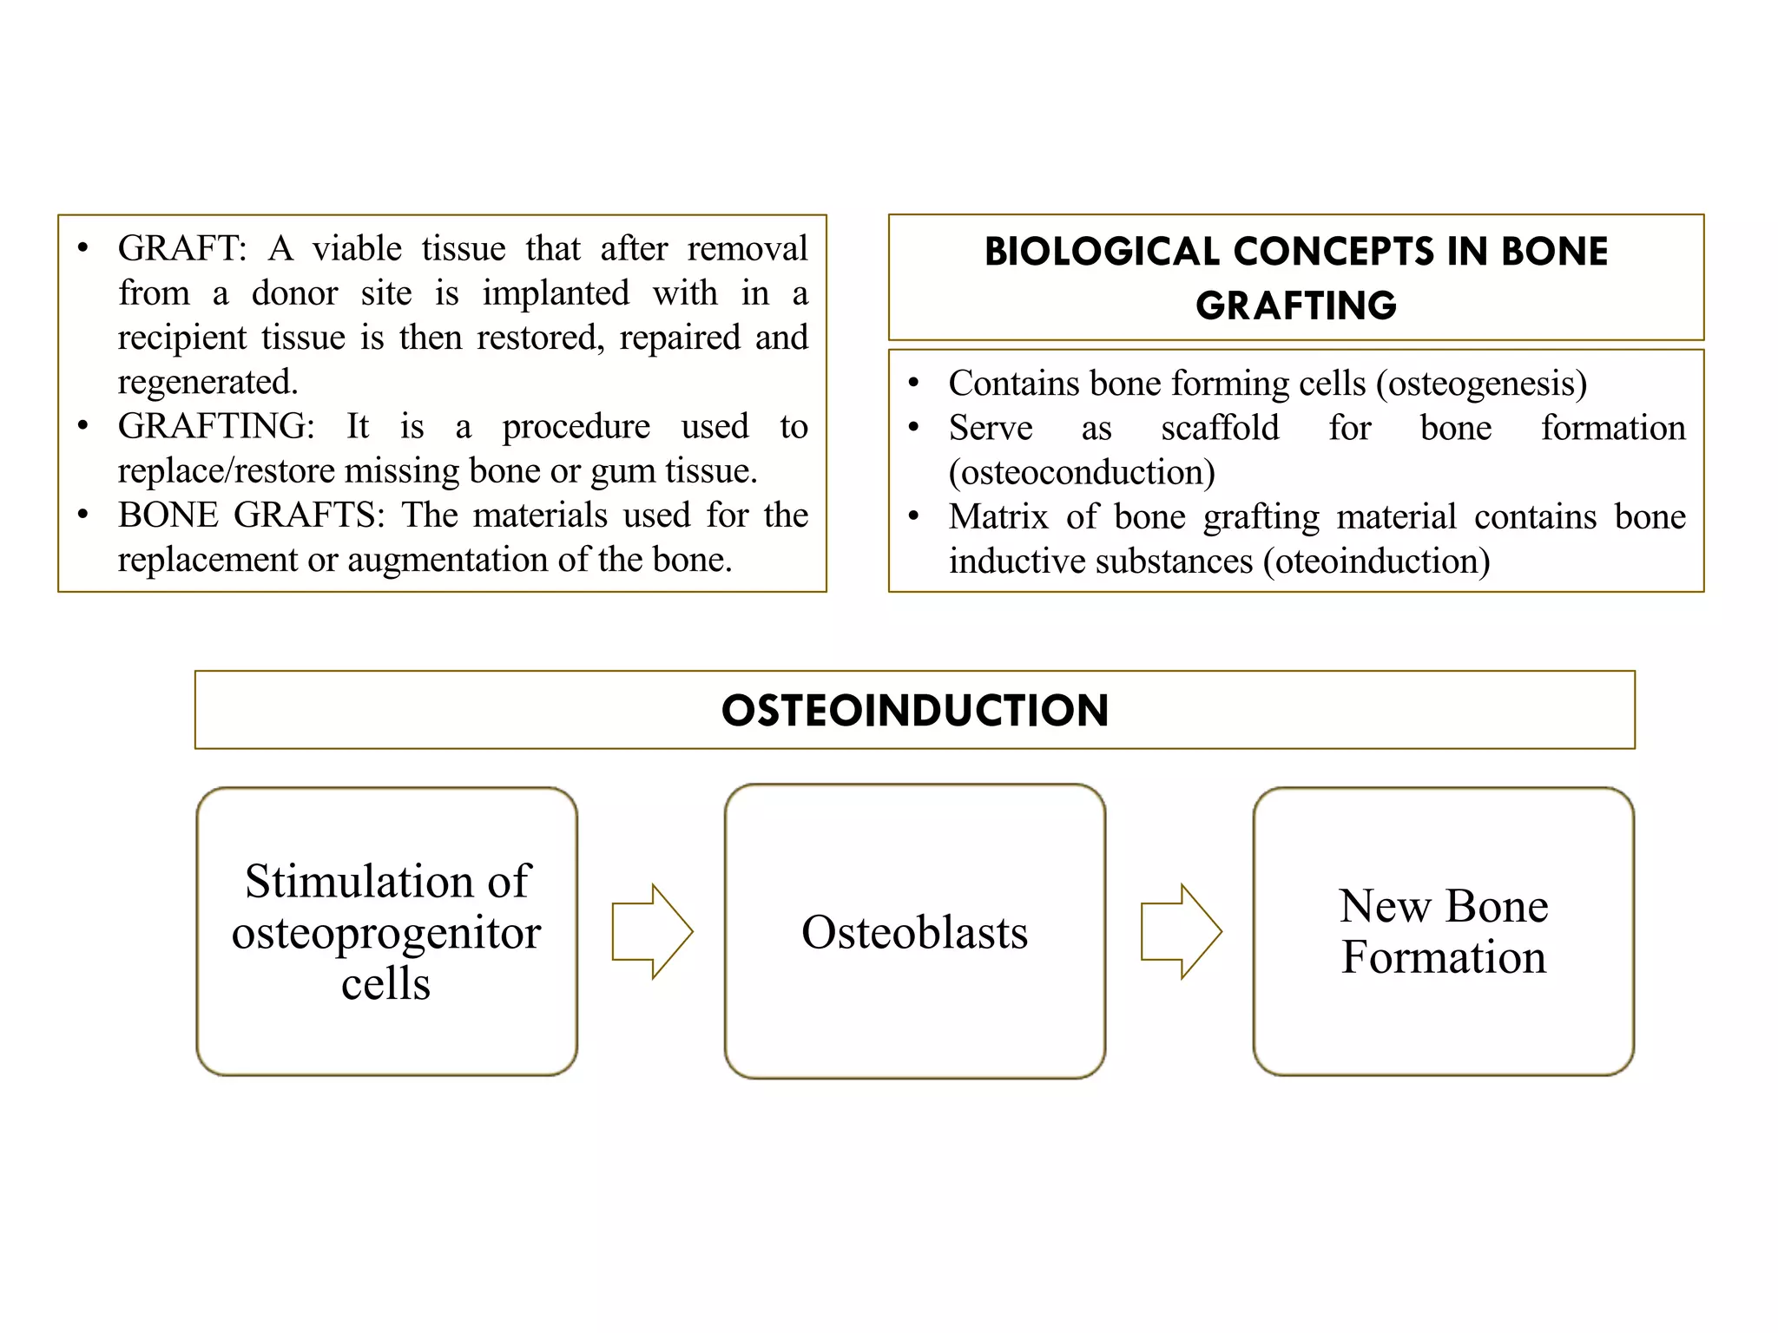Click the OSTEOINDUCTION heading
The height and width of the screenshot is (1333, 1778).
tap(914, 710)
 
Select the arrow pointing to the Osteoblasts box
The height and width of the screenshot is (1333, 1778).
tap(652, 931)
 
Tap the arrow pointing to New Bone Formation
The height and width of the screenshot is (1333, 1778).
tap(1181, 931)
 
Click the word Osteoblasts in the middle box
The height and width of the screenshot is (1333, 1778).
tap(914, 932)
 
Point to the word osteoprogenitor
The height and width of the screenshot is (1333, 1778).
tap(386, 934)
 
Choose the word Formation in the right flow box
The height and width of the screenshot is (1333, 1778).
tap(1443, 957)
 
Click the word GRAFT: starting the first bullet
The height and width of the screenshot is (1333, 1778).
tap(182, 249)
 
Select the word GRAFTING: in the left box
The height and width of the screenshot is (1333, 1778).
tap(216, 427)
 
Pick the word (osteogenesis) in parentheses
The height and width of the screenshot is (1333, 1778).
tap(1481, 384)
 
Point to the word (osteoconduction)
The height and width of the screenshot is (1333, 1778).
tap(1082, 473)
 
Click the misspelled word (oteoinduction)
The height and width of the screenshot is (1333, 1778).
tap(1376, 561)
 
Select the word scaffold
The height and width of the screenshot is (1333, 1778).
tap(1220, 428)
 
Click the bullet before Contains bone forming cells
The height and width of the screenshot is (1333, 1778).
tap(913, 383)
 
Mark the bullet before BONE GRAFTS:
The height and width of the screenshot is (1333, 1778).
tap(82, 515)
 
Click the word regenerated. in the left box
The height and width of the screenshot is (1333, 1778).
tap(207, 383)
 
